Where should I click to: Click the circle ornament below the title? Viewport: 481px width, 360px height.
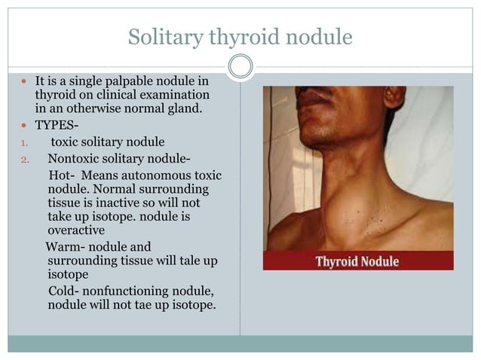click(x=240, y=66)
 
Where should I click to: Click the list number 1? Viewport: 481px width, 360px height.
click(x=23, y=142)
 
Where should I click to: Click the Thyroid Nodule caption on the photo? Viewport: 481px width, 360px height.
click(x=357, y=261)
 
